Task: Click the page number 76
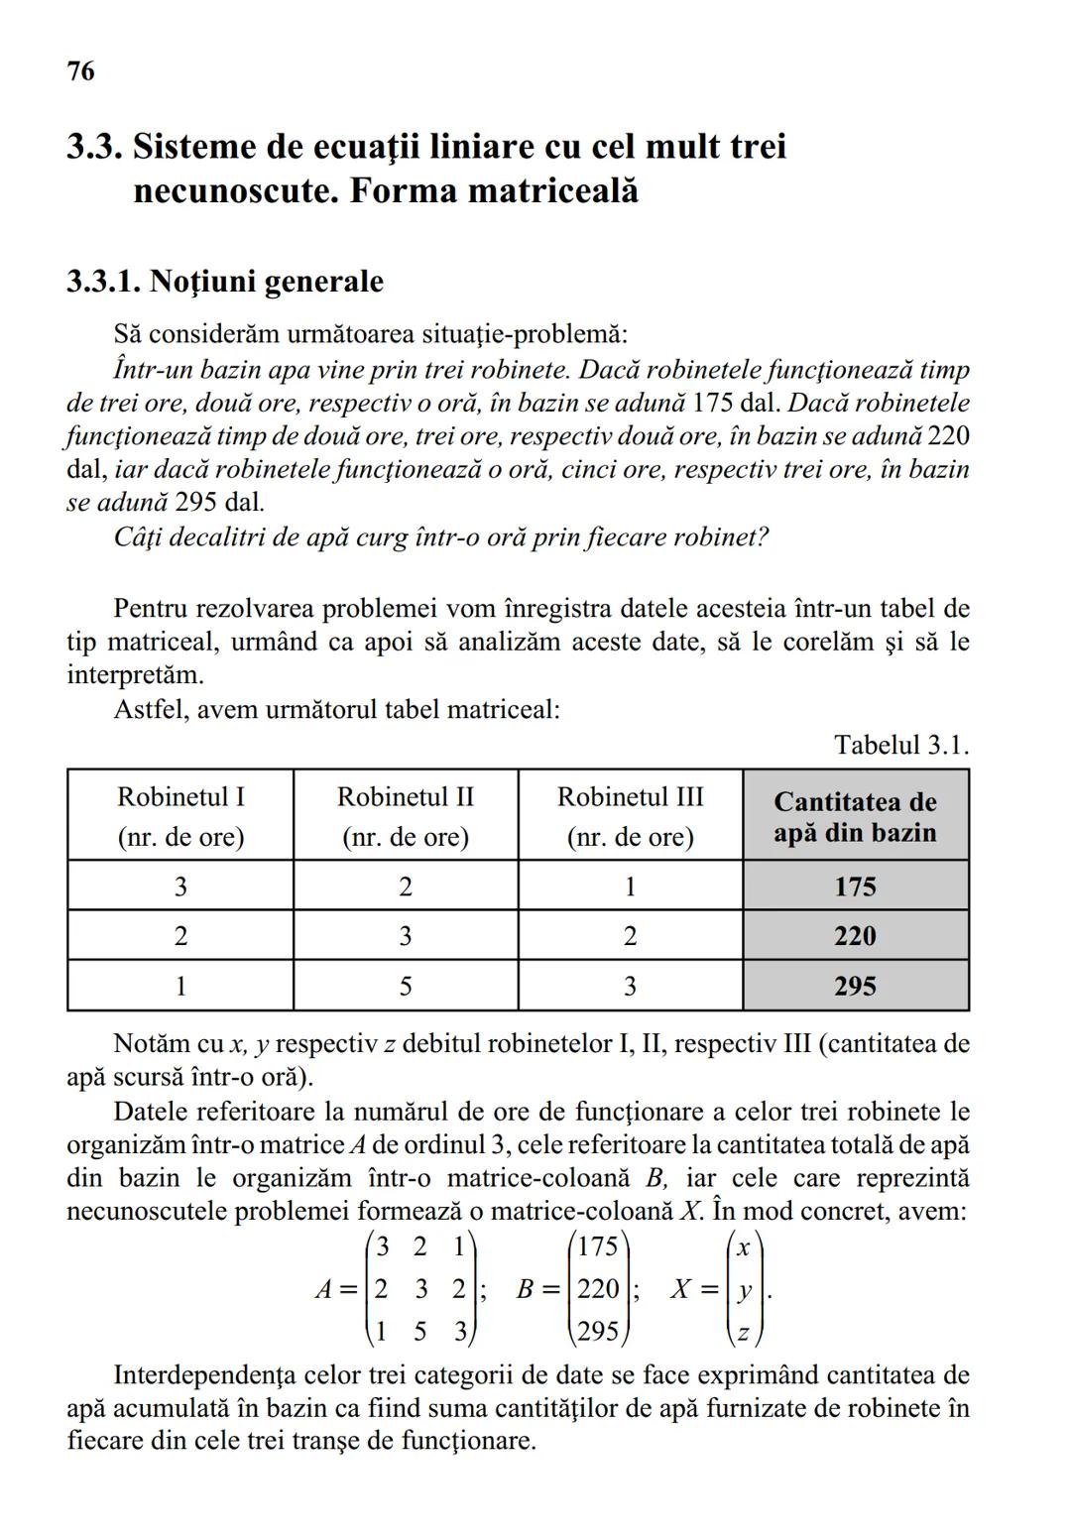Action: pyautogui.click(x=81, y=71)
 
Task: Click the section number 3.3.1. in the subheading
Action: pyautogui.click(x=103, y=282)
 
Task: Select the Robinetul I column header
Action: pyautogui.click(x=180, y=815)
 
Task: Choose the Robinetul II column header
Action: pyautogui.click(x=406, y=815)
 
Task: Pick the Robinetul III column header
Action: pyautogui.click(x=630, y=815)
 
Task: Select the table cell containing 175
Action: pyautogui.click(x=855, y=886)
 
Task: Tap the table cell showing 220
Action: pyautogui.click(x=855, y=935)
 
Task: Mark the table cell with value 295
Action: pyautogui.click(x=855, y=986)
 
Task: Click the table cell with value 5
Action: pyautogui.click(x=406, y=986)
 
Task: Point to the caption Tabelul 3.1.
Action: pyautogui.click(x=900, y=745)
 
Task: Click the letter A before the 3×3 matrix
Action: pyautogui.click(x=323, y=1289)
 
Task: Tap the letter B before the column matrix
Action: pyautogui.click(x=526, y=1289)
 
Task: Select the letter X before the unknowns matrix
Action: pyautogui.click(x=680, y=1289)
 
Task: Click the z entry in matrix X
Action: pyautogui.click(x=743, y=1332)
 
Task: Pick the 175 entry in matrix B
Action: pyautogui.click(x=597, y=1246)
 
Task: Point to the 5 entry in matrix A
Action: pyautogui.click(x=420, y=1332)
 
